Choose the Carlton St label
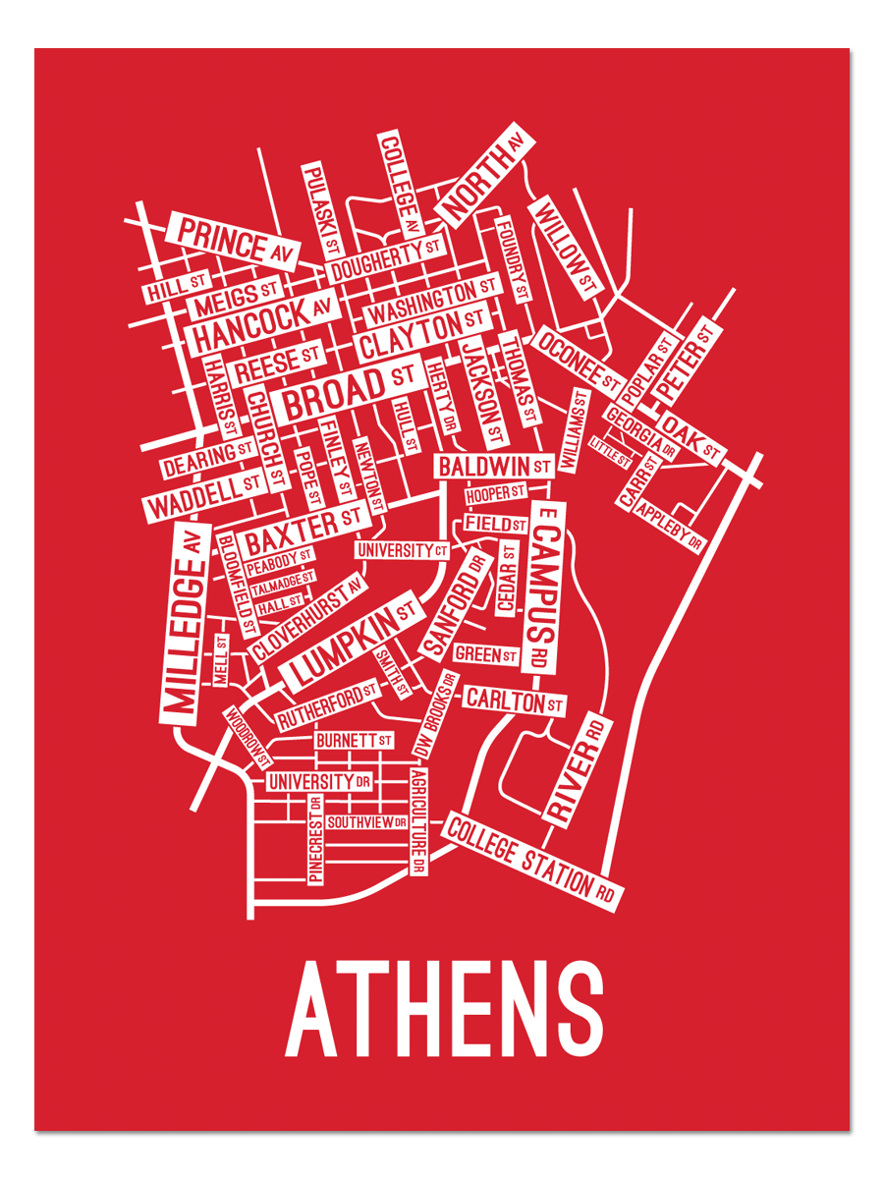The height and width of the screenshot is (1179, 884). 514,701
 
